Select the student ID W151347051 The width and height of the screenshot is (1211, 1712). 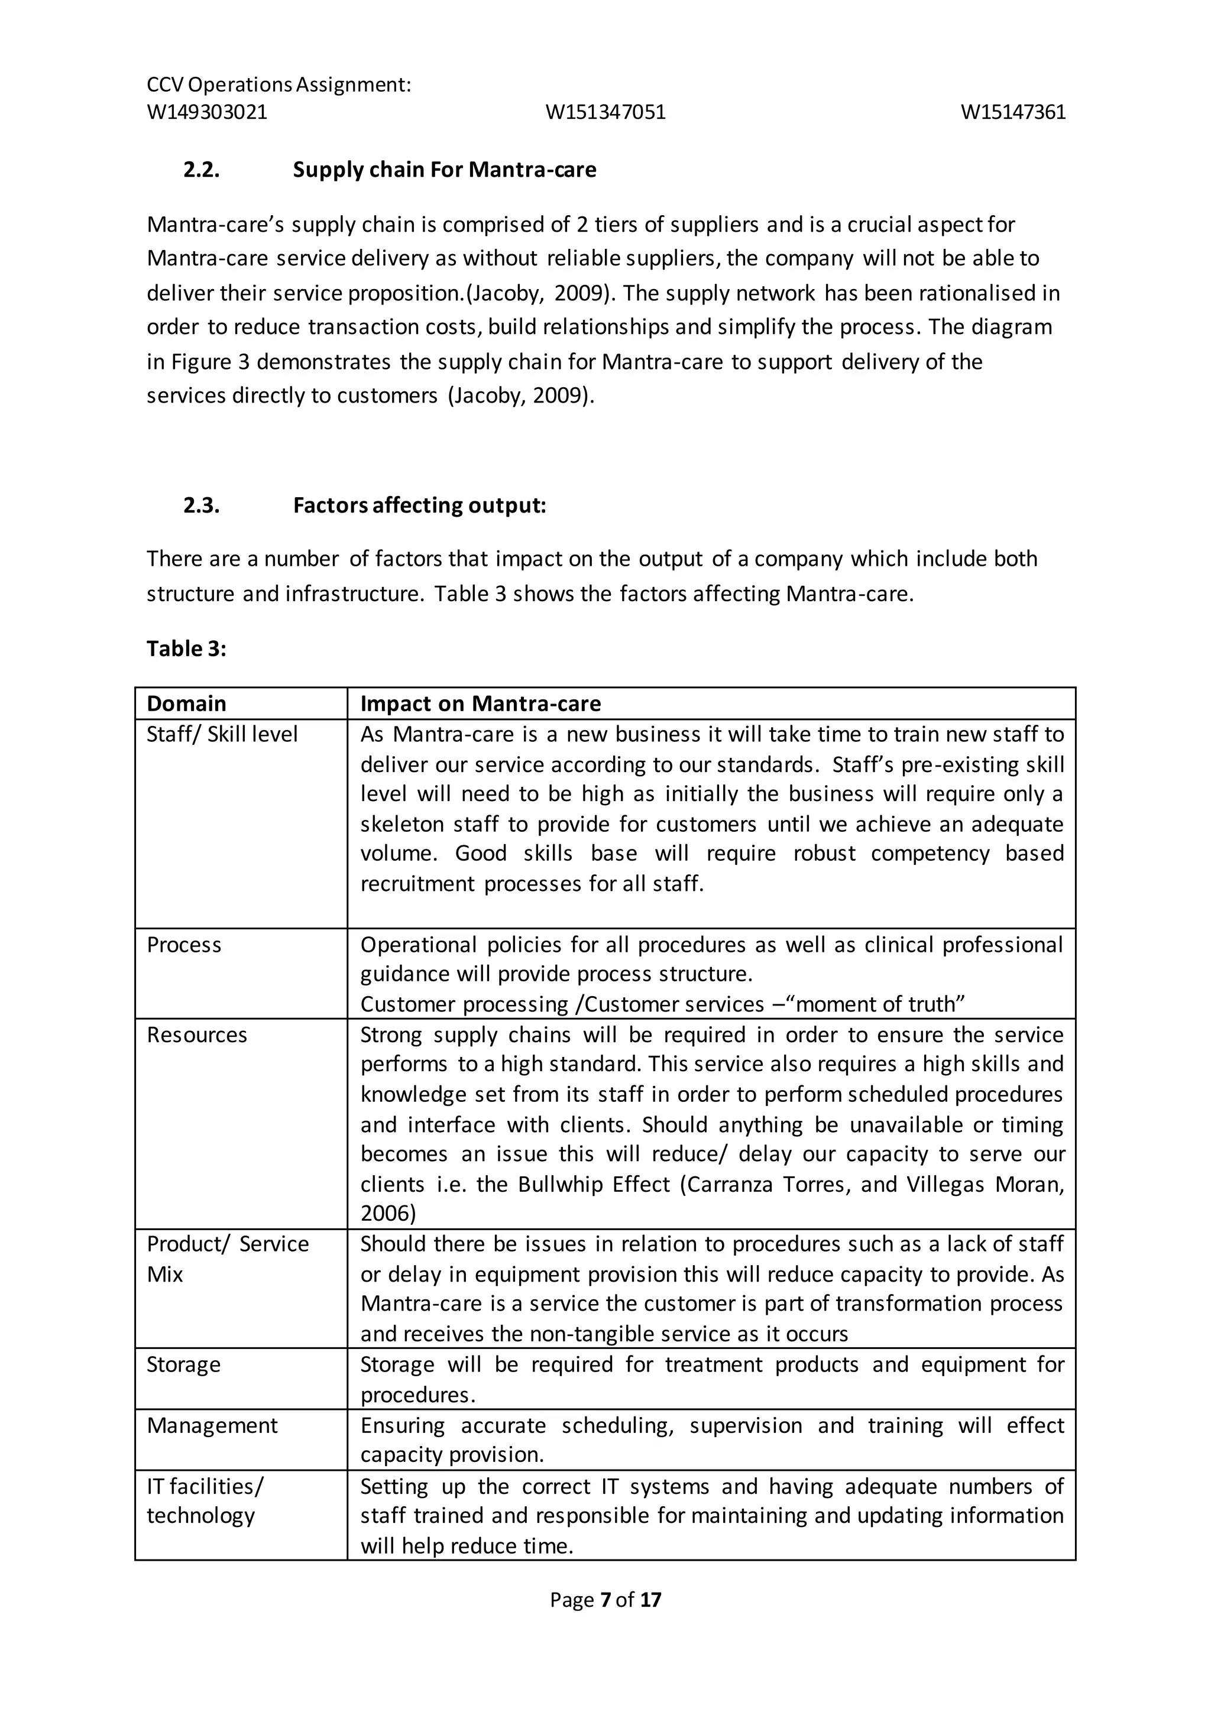[x=605, y=112]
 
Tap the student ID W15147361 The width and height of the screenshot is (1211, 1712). [x=1013, y=112]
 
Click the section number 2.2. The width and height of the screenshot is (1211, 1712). [x=201, y=170]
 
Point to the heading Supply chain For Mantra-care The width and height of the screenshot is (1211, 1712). [x=445, y=170]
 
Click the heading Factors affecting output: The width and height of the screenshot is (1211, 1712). [x=419, y=505]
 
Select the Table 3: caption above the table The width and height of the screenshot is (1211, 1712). [x=186, y=649]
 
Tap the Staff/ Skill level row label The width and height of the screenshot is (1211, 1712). [x=222, y=734]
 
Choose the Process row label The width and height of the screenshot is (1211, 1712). [x=183, y=945]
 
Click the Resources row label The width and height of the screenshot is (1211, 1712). [x=196, y=1035]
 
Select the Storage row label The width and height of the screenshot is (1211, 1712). [x=183, y=1364]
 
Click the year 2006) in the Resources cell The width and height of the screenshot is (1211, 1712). [x=388, y=1213]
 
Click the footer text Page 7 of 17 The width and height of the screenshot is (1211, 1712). [x=605, y=1600]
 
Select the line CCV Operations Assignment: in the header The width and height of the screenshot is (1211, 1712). [x=279, y=85]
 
